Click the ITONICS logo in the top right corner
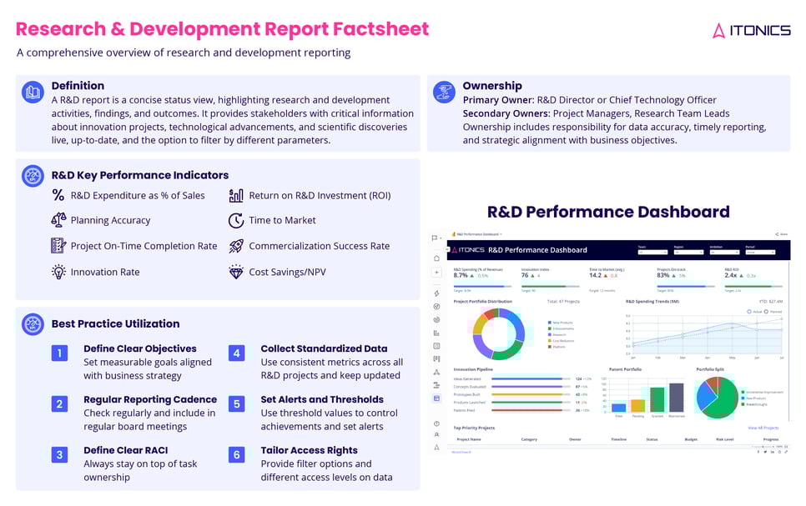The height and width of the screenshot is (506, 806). [x=751, y=30]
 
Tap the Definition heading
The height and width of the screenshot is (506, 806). [x=78, y=86]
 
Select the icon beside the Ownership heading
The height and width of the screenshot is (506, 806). [x=446, y=91]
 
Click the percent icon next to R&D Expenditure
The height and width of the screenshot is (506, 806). [x=58, y=195]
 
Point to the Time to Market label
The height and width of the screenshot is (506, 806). [x=282, y=221]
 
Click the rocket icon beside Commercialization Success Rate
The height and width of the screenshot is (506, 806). [x=235, y=246]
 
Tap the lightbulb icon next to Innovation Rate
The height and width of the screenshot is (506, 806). [x=58, y=272]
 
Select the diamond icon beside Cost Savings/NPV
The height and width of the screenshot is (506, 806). [x=235, y=272]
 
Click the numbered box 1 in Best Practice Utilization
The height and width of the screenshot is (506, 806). [x=59, y=353]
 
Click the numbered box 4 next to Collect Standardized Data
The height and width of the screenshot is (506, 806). [x=236, y=353]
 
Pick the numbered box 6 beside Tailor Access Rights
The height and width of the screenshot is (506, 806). [x=236, y=455]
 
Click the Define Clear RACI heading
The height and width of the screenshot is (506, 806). [x=125, y=450]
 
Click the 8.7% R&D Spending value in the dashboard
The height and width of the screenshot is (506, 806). [x=461, y=275]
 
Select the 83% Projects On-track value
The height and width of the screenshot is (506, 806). [x=663, y=275]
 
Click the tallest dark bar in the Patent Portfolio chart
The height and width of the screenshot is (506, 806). [x=676, y=398]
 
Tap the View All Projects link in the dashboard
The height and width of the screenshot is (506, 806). [x=763, y=428]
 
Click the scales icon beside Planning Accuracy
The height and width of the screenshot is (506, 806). [x=58, y=220]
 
